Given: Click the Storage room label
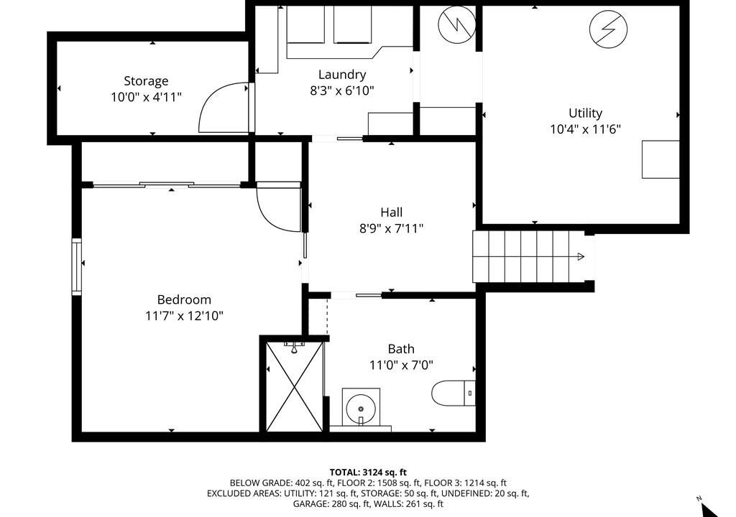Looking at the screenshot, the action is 146,81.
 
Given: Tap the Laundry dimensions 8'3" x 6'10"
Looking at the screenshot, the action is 342,90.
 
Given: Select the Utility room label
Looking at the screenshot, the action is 585,113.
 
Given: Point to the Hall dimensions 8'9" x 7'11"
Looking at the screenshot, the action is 392,228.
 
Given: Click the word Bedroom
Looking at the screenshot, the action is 184,299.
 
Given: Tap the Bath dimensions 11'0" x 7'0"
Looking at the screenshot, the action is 401,365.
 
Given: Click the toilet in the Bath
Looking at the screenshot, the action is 454,393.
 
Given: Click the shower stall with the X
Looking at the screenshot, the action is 295,386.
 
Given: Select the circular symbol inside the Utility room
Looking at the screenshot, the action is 608,29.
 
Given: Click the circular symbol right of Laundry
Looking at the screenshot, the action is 456,25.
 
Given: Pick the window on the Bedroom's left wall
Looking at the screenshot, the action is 76,267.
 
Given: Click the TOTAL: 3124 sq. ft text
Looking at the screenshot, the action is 368,472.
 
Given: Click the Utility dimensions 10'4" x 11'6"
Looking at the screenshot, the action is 585,129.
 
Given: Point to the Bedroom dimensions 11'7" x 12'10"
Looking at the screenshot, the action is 184,316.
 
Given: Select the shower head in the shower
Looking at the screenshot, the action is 294,348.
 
